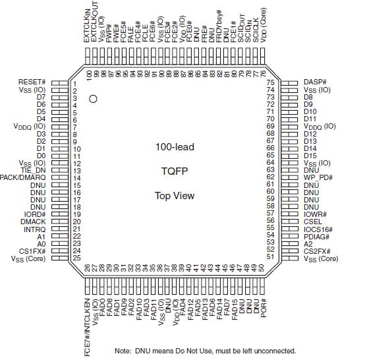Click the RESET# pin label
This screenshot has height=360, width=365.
point(32,82)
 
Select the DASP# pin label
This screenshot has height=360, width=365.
point(315,82)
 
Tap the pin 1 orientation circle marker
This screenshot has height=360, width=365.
point(94,98)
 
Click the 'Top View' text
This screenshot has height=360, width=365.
point(175,195)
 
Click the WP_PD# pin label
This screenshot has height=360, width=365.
point(318,177)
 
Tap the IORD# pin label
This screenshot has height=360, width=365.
point(34,214)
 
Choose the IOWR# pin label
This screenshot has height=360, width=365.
point(316,214)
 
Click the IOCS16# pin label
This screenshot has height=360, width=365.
point(319,229)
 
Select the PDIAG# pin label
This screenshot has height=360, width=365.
point(317,236)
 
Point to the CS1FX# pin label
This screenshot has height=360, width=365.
point(32,251)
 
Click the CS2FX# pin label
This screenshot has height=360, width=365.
point(319,251)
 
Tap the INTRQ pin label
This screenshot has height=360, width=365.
point(34,229)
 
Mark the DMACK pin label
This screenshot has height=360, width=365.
point(33,222)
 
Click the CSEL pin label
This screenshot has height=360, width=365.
point(314,222)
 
